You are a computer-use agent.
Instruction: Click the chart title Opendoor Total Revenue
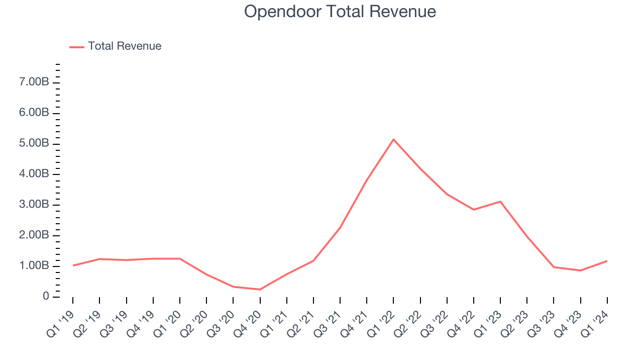click(x=340, y=12)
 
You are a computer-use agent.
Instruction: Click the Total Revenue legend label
click(x=125, y=46)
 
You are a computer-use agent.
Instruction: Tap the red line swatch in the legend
click(x=77, y=47)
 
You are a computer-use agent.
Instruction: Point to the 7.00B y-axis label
click(x=34, y=82)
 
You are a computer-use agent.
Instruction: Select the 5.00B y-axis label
click(x=34, y=143)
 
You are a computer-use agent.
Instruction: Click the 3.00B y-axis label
click(x=34, y=205)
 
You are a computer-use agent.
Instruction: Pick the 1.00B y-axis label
click(x=34, y=266)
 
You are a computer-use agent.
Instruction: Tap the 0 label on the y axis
click(x=46, y=297)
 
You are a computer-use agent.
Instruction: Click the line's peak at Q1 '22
click(x=393, y=139)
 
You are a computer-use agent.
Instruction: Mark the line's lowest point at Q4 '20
click(x=260, y=290)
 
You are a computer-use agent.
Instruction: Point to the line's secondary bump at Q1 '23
click(x=500, y=202)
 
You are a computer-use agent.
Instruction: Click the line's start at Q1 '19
click(x=73, y=265)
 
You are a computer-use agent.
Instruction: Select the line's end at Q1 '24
click(x=607, y=261)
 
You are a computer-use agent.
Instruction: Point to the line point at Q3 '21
click(x=340, y=228)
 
